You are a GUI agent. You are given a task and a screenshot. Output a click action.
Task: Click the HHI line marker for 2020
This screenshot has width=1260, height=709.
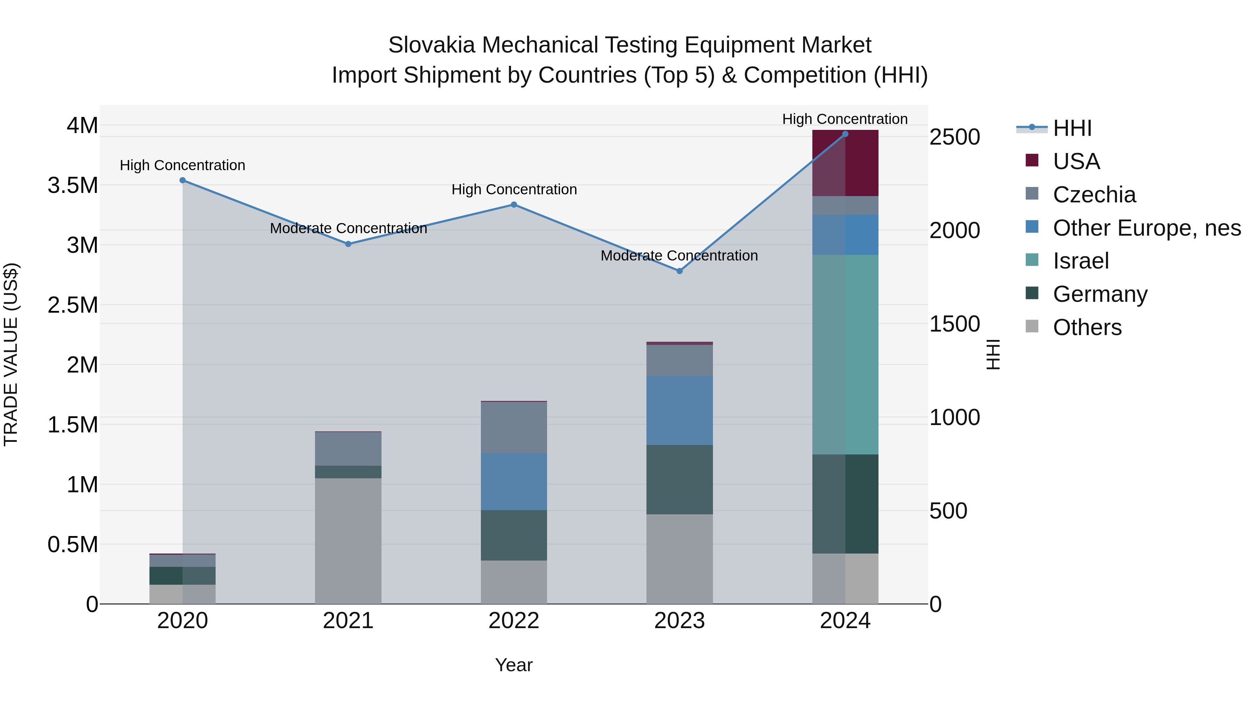tap(182, 180)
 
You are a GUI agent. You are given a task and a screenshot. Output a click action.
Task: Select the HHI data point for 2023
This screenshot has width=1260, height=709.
tap(679, 271)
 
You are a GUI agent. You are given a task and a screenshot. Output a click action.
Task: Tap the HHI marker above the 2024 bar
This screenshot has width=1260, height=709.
tap(845, 134)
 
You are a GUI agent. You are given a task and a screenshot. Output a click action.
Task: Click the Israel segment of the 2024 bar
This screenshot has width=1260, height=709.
tap(845, 354)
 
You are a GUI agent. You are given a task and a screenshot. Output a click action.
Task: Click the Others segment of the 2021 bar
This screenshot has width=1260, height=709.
tap(348, 540)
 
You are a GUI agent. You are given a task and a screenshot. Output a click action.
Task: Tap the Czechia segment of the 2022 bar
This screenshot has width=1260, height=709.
tap(513, 427)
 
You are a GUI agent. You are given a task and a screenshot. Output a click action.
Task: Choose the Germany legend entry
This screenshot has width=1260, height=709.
tap(1100, 294)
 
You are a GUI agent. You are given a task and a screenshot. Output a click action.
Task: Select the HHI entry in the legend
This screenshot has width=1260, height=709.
tap(1072, 128)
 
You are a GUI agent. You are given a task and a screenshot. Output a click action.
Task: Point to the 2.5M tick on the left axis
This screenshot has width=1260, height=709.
tap(72, 305)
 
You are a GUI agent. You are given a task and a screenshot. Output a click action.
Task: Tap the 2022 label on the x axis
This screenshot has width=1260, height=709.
tap(513, 621)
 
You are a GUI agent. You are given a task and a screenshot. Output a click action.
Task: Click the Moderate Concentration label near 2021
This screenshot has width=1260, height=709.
tap(348, 229)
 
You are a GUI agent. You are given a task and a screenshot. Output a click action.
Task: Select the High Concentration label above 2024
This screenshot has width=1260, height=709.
tap(845, 119)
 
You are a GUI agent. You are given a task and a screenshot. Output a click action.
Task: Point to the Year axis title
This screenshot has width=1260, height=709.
tap(513, 665)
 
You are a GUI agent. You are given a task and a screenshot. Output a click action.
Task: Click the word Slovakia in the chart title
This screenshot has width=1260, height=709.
tap(432, 45)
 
